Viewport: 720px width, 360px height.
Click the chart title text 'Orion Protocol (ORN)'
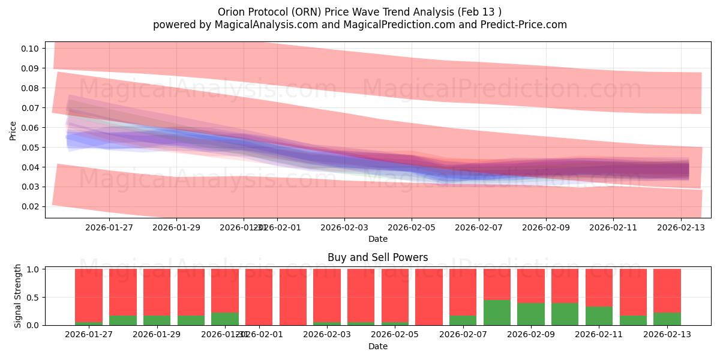(269, 12)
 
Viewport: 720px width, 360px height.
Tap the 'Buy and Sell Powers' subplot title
(377, 257)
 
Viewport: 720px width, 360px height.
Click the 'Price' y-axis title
(13, 130)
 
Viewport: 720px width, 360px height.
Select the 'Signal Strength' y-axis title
(18, 296)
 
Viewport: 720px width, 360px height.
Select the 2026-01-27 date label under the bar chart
(89, 335)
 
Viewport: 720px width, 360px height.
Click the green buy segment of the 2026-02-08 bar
(497, 313)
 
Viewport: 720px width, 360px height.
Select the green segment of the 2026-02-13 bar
(667, 319)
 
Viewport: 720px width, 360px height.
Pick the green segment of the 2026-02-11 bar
(599, 316)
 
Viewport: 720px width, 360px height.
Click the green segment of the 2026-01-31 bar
(225, 319)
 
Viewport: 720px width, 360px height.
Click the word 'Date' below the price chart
(377, 239)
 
